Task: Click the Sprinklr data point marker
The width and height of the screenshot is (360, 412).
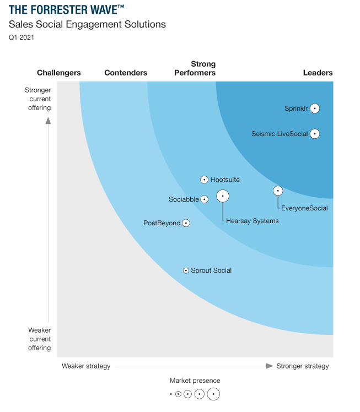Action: pyautogui.click(x=315, y=109)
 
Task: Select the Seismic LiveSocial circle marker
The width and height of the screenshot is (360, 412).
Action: pyautogui.click(x=315, y=133)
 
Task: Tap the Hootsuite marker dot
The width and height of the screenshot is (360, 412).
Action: pyautogui.click(x=204, y=180)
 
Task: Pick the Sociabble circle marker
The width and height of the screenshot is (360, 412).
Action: pyautogui.click(x=204, y=199)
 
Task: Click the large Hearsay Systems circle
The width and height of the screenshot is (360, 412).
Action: pyautogui.click(x=223, y=196)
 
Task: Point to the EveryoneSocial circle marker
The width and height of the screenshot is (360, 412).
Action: pyautogui.click(x=278, y=191)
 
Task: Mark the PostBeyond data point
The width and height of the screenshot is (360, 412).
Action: pyautogui.click(x=186, y=223)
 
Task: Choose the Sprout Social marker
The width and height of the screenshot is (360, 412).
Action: pyautogui.click(x=186, y=270)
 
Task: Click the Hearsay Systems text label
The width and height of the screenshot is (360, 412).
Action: pyautogui.click(x=252, y=221)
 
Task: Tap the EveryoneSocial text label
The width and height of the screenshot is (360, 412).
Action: pyautogui.click(x=304, y=208)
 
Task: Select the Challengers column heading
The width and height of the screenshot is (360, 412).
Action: pyautogui.click(x=59, y=73)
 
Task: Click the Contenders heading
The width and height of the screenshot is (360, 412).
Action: pyautogui.click(x=126, y=73)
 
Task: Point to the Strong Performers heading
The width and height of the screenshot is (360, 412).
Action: pyautogui.click(x=195, y=68)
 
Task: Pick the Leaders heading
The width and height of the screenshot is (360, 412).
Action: pyautogui.click(x=318, y=73)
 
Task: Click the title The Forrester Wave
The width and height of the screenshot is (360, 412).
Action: pyautogui.click(x=67, y=9)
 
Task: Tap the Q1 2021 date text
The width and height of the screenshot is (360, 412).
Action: pyautogui.click(x=21, y=37)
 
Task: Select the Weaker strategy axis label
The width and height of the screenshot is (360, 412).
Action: pyautogui.click(x=86, y=366)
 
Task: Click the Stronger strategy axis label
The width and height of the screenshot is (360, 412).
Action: pyautogui.click(x=303, y=366)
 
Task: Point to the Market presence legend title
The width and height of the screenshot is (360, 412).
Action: pyautogui.click(x=195, y=381)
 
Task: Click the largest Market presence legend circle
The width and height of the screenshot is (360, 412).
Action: pyautogui.click(x=213, y=394)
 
